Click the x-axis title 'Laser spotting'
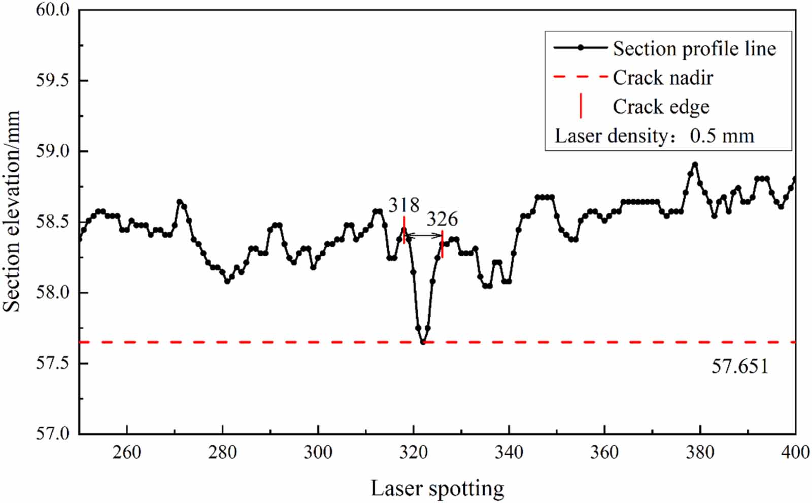tap(437, 488)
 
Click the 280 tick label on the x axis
tap(222, 452)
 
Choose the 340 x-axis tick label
tap(509, 452)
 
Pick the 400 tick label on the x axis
tap(795, 452)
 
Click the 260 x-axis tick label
tap(127, 452)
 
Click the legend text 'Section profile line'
tap(694, 49)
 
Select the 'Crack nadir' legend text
tap(663, 78)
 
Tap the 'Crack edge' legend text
tap(661, 107)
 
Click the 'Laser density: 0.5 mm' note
tap(655, 136)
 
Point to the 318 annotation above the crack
tap(404, 205)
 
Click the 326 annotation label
tap(442, 219)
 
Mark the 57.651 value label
tap(740, 366)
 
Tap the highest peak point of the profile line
tap(695, 165)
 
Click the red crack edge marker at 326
tap(443, 244)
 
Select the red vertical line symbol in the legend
tap(581, 107)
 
